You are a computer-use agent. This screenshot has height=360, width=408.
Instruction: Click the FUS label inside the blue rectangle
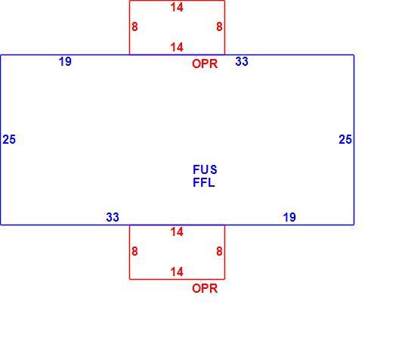click(205, 169)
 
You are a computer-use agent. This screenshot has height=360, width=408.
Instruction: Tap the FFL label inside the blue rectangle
click(204, 182)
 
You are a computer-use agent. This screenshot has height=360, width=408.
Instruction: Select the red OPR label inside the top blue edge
click(205, 64)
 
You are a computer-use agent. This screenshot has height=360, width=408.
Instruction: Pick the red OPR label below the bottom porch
click(205, 288)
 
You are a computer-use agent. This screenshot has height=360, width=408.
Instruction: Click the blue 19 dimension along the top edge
click(65, 62)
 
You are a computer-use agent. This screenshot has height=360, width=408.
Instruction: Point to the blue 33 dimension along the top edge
click(242, 61)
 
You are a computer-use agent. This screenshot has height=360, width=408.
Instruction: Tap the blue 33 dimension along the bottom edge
click(113, 217)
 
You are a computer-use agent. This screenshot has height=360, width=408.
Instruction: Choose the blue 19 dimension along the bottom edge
click(289, 217)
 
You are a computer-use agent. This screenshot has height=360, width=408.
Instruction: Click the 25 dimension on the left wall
click(9, 139)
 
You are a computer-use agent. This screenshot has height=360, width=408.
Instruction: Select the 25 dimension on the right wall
click(345, 139)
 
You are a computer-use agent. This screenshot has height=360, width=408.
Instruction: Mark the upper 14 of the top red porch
click(177, 8)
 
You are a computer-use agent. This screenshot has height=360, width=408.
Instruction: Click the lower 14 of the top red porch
click(177, 47)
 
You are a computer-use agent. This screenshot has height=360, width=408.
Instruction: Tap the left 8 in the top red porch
click(134, 26)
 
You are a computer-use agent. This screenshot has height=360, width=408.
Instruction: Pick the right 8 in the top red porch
click(219, 26)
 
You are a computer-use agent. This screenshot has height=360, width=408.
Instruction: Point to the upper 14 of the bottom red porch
click(177, 232)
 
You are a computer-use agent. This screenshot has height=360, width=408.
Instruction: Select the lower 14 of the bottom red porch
click(177, 272)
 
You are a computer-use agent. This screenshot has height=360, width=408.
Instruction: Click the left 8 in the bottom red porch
click(134, 251)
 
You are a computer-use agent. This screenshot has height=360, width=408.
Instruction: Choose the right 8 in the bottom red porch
click(219, 251)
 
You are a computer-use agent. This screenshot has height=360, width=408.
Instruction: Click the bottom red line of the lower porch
click(178, 279)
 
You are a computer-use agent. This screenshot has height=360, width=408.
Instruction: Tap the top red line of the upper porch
click(178, 1)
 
